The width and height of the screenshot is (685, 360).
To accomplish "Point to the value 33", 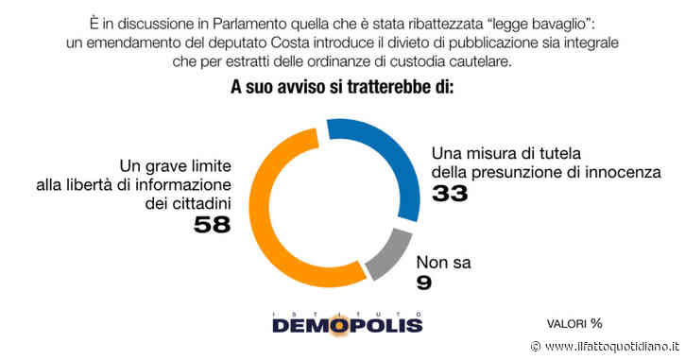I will tap(451, 195).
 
